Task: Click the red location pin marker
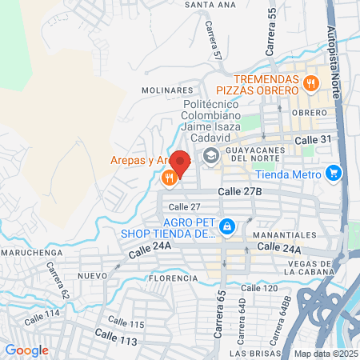[180, 163]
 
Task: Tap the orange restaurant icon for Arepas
[168, 178]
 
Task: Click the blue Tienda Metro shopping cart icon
[334, 173]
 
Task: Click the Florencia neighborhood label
[172, 278]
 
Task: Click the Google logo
[26, 350]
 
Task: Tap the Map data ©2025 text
[325, 354]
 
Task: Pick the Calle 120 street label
[259, 288]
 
